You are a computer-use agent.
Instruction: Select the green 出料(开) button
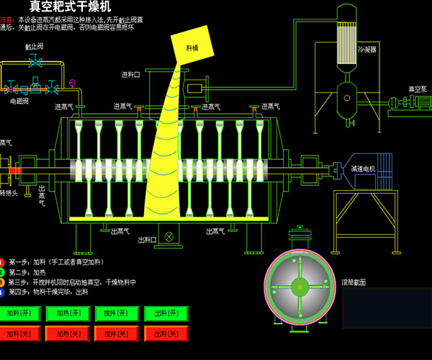166,314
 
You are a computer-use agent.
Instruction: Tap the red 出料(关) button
166,333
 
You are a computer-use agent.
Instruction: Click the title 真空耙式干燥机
71,6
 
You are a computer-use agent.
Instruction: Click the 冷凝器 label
367,50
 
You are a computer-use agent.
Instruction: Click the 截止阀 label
35,45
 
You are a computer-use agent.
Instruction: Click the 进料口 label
130,74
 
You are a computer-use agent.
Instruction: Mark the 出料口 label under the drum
147,240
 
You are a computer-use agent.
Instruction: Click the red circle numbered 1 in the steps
2,261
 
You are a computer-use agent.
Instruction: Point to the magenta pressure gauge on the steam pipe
72,81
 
